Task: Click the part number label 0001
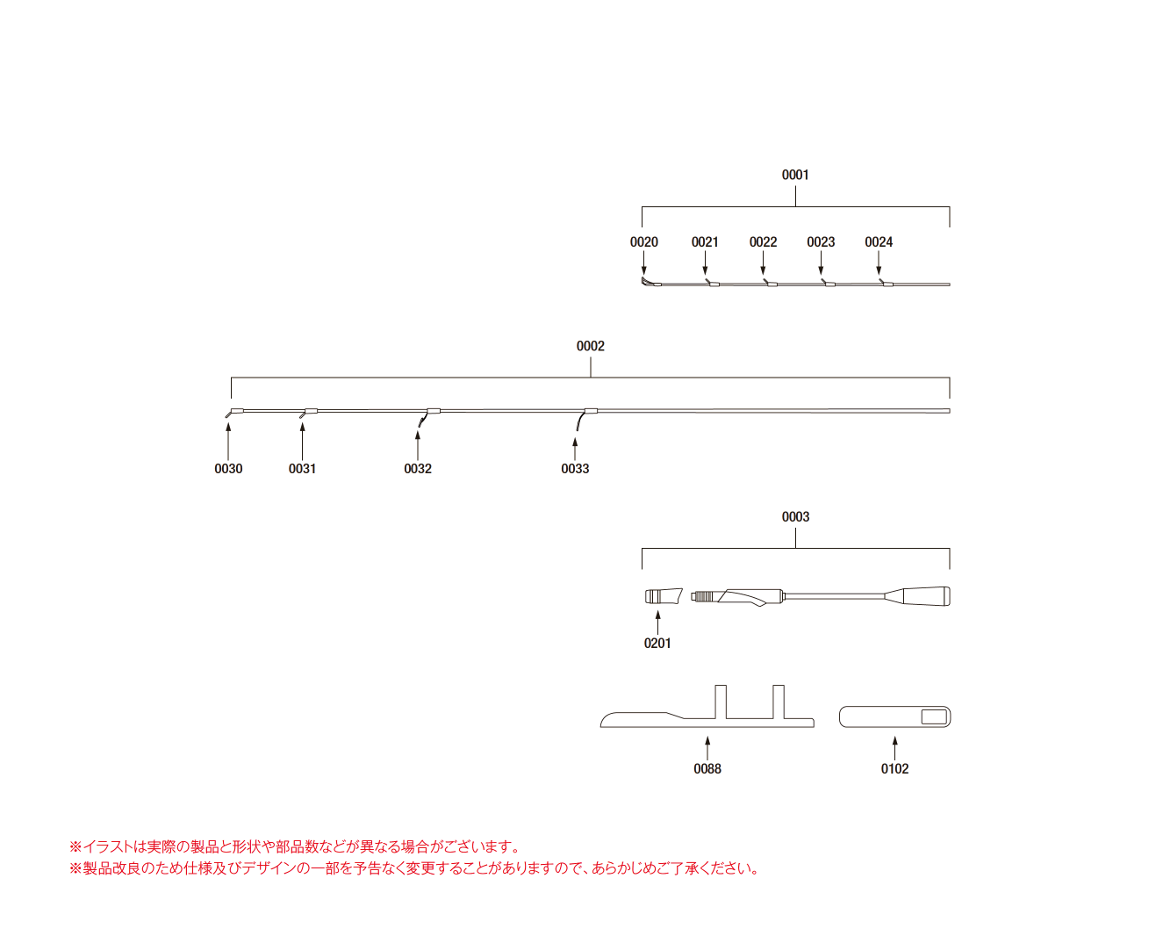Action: coord(795,175)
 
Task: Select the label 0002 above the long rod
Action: coord(590,346)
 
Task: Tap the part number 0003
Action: coord(795,516)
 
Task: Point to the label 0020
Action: coord(643,241)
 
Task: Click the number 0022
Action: coord(763,241)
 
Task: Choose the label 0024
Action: coord(879,241)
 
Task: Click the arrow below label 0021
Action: coord(705,263)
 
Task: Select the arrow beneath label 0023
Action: coord(821,263)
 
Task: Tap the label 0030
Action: coord(228,469)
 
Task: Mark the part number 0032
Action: coord(418,469)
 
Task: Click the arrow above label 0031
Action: coord(302,441)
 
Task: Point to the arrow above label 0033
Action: coord(575,449)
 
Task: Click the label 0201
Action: coord(657,644)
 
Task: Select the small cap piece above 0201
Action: coord(664,596)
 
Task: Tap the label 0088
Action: coord(707,769)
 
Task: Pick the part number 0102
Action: coord(895,769)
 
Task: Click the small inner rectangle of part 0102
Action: coord(934,717)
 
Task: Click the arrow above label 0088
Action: coord(707,748)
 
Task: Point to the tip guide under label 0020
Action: coord(650,283)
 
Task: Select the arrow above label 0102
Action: coord(895,748)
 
